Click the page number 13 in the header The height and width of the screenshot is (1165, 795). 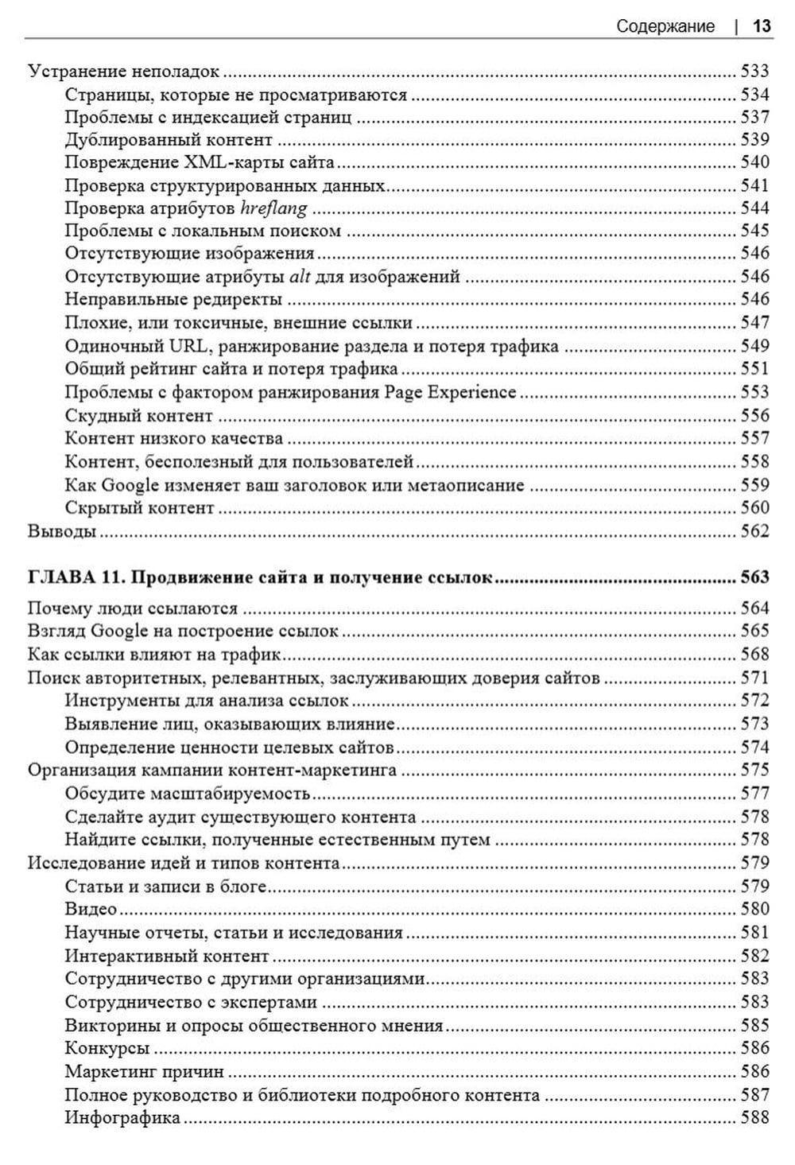761,26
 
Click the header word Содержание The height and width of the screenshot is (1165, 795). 665,26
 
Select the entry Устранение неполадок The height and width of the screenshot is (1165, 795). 123,72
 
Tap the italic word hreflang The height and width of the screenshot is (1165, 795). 273,209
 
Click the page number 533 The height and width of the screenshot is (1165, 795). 754,72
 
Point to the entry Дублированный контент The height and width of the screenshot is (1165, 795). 169,140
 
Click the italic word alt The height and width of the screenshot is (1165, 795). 299,278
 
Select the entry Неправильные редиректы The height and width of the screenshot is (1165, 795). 173,301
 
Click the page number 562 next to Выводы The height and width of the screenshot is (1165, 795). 754,531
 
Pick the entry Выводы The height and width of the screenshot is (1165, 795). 62,531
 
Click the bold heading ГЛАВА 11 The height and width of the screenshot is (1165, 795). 72,577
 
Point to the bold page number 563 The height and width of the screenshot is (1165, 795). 754,577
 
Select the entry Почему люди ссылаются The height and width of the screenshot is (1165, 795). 133,609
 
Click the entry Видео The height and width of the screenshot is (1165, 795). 91,910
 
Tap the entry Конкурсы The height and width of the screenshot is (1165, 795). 107,1049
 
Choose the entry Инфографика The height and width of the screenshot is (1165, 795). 122,1118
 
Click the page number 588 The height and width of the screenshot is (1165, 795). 754,1118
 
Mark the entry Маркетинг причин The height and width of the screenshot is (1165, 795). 144,1072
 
